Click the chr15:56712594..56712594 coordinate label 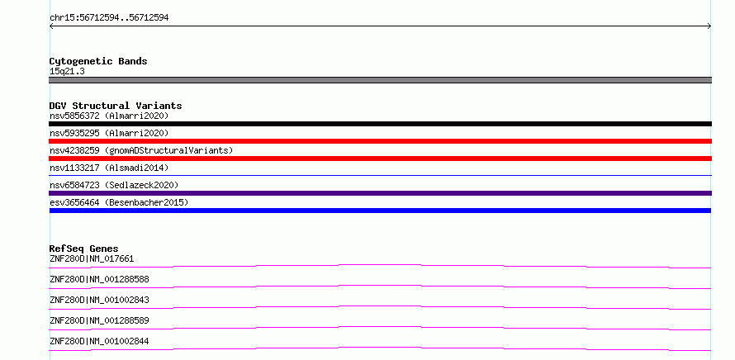click(x=109, y=18)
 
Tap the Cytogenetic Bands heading click(x=98, y=61)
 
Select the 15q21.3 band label click(x=67, y=72)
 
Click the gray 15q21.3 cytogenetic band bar click(x=380, y=80)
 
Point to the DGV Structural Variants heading click(x=116, y=106)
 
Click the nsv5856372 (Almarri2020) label click(x=109, y=116)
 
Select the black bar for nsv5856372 click(x=380, y=124)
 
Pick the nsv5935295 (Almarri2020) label click(x=109, y=133)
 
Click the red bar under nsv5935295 click(x=380, y=141)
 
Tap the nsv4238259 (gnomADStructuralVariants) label click(x=141, y=150)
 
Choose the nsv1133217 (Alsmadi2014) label click(x=109, y=168)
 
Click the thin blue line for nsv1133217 click(x=380, y=175)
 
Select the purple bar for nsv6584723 click(x=380, y=193)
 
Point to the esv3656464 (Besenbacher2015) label click(x=119, y=202)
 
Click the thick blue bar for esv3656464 click(x=380, y=211)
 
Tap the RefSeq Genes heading click(x=83, y=249)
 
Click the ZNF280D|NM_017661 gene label click(x=92, y=258)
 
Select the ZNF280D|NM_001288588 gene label click(x=99, y=279)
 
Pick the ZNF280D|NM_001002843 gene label click(x=99, y=300)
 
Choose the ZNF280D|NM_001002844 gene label click(x=99, y=341)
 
